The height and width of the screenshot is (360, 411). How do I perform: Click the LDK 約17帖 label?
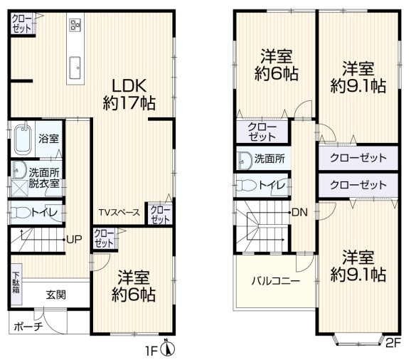point(129,95)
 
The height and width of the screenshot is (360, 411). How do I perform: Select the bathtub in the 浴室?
point(23,139)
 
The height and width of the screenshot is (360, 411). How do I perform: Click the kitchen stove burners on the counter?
point(75,25)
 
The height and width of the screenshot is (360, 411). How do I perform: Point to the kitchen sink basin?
point(76,68)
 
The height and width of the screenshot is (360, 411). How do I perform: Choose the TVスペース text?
point(119,213)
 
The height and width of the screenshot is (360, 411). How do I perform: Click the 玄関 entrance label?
point(56,295)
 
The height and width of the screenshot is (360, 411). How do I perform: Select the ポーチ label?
point(28,327)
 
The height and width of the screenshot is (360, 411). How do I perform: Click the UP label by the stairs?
point(74,239)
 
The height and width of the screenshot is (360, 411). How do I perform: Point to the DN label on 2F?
point(299,213)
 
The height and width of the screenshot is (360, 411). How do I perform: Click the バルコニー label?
point(275,281)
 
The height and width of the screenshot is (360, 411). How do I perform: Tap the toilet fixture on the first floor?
point(21,213)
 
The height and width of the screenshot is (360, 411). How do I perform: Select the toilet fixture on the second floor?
point(247,186)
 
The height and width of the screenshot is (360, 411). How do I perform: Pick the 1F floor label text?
point(151,351)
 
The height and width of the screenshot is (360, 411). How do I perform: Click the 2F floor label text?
point(393,343)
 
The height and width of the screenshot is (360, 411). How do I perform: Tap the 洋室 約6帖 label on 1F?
point(134,286)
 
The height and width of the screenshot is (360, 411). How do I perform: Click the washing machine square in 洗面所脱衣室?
point(19,189)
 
